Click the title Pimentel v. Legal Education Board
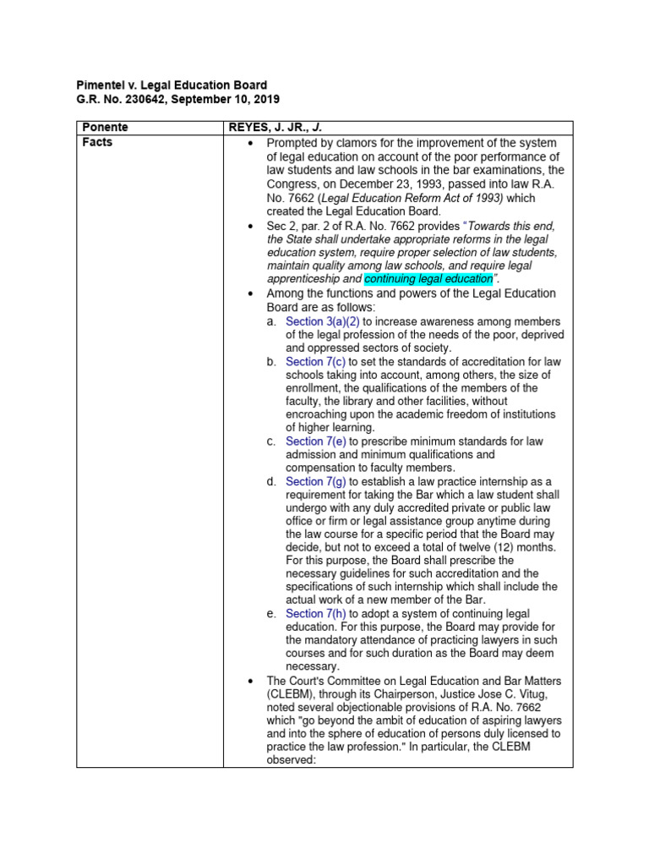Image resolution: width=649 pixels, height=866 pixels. [172, 85]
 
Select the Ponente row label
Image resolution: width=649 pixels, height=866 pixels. [106, 128]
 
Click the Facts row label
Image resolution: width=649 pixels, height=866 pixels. [97, 142]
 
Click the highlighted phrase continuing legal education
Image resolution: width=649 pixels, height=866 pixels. [428, 278]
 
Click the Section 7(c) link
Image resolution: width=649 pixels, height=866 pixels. [316, 362]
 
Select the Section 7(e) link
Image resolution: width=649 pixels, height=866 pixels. [316, 441]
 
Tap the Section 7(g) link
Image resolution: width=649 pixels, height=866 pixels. [316, 481]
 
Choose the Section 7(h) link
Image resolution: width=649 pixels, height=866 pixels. [316, 613]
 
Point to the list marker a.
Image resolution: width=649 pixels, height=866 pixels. [270, 321]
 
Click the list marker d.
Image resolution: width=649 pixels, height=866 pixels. [270, 481]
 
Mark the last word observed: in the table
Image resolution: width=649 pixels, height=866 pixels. [297, 760]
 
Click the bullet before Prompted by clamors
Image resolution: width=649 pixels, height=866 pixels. [249, 144]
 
